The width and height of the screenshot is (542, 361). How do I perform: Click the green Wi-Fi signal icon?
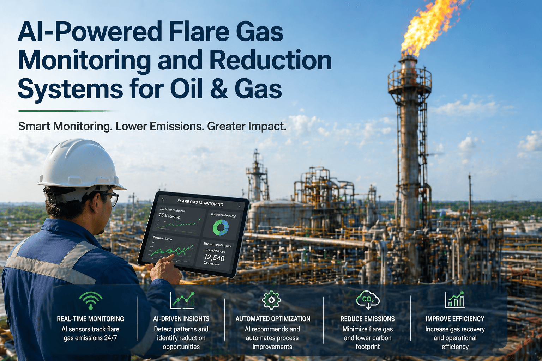pyautogui.click(x=91, y=301)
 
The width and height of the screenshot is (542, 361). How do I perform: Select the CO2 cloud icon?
pyautogui.click(x=368, y=299)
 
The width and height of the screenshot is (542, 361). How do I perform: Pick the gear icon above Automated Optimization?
pyautogui.click(x=271, y=300)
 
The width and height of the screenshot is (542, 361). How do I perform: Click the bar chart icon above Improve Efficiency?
pyautogui.click(x=455, y=300)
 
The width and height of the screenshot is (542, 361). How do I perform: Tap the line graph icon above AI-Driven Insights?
pyautogui.click(x=182, y=300)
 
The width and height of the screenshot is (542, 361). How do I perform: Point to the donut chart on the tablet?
pyautogui.click(x=221, y=228)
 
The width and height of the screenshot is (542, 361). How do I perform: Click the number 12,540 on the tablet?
pyautogui.click(x=214, y=258)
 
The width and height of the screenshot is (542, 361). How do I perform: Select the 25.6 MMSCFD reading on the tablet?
pyautogui.click(x=169, y=216)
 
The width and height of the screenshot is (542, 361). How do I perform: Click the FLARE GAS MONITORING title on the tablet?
pyautogui.click(x=200, y=203)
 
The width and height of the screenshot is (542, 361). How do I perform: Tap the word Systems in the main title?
pyautogui.click(x=70, y=89)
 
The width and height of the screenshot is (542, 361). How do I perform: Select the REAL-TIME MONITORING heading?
pyautogui.click(x=90, y=319)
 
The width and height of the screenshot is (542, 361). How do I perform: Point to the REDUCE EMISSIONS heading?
pyautogui.click(x=367, y=319)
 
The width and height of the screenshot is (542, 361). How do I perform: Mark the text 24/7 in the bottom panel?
pyautogui.click(x=110, y=338)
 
